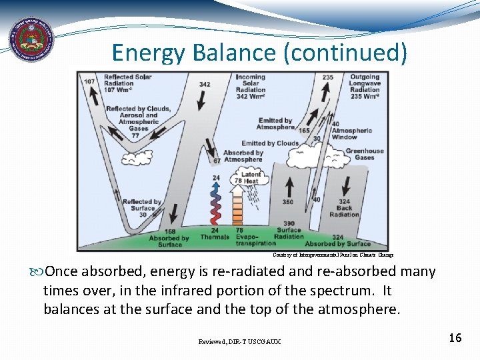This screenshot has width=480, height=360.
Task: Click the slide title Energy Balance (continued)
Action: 259,52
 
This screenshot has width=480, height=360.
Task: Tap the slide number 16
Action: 455,338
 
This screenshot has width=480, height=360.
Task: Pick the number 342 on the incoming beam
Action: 205,85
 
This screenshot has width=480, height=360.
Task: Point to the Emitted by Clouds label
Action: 270,143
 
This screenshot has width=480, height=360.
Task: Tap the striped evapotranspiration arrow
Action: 239,207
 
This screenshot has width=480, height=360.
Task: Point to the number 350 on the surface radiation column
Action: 287,201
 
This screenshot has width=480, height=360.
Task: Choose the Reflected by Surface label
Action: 141,208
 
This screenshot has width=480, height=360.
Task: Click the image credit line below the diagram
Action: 333,255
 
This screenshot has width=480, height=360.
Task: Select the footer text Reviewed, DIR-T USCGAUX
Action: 239,341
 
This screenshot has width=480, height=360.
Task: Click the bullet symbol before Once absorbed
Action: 36,272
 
